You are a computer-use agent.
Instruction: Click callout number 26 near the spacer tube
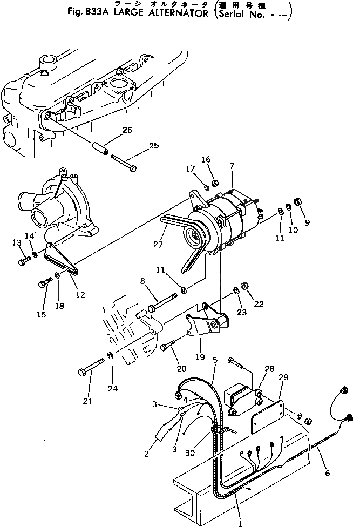click(x=127, y=130)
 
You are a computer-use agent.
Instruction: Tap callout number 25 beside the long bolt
click(x=154, y=145)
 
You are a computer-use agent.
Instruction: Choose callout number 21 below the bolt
click(x=88, y=401)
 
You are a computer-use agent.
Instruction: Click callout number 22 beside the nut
click(x=259, y=304)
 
